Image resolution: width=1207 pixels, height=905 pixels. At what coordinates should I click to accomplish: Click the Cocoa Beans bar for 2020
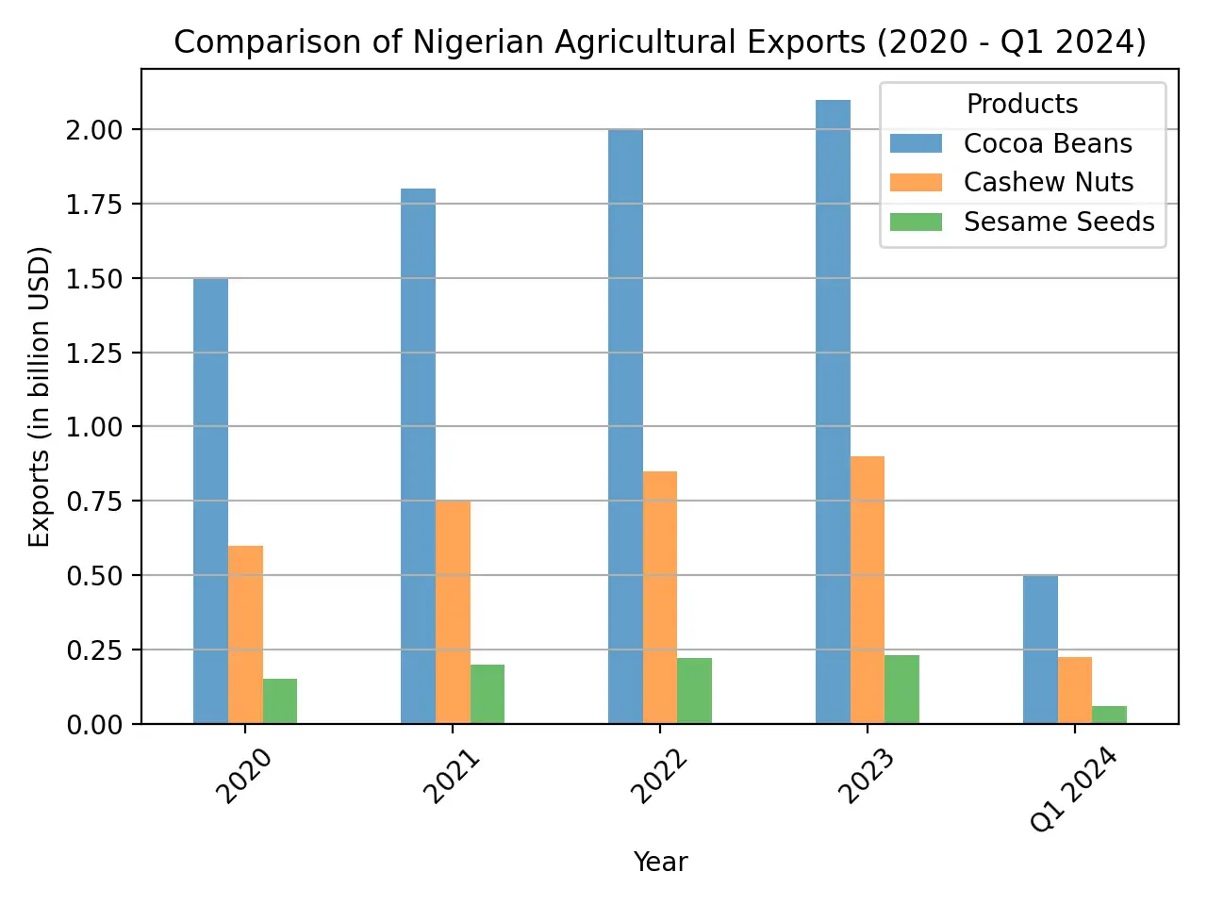(x=210, y=501)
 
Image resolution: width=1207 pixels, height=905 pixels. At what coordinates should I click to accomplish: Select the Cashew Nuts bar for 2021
(x=453, y=612)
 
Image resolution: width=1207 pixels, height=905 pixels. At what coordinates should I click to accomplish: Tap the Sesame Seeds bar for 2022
(x=694, y=691)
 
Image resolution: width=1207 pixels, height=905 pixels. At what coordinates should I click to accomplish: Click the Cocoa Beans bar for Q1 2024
(x=1040, y=650)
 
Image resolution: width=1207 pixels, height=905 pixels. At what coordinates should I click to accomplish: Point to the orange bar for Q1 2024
(x=1075, y=690)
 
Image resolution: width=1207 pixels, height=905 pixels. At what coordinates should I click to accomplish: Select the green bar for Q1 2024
(x=1109, y=715)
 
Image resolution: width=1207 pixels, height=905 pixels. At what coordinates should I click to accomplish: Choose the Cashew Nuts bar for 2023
(x=868, y=590)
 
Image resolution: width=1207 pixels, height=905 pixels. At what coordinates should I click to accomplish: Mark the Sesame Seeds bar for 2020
(x=280, y=701)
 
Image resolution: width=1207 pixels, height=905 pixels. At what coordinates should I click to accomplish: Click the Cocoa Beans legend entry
(x=1047, y=143)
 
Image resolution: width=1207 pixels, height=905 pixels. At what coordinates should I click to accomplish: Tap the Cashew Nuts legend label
(x=1048, y=182)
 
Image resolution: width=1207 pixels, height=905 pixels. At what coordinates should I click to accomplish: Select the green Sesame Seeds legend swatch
(x=916, y=222)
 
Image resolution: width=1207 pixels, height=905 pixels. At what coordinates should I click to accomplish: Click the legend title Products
(x=1022, y=104)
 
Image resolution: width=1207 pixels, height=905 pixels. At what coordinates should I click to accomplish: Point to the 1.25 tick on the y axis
(x=94, y=353)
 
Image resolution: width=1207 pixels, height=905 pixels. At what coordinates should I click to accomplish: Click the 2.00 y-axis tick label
(x=94, y=130)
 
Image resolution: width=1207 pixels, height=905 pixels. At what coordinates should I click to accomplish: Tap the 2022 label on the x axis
(x=658, y=777)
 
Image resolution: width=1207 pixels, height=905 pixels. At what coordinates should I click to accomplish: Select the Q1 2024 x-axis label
(x=1073, y=790)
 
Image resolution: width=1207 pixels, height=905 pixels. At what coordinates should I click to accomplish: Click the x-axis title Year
(x=660, y=862)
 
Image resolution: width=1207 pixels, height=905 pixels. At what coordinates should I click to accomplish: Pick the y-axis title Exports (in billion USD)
(x=39, y=396)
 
